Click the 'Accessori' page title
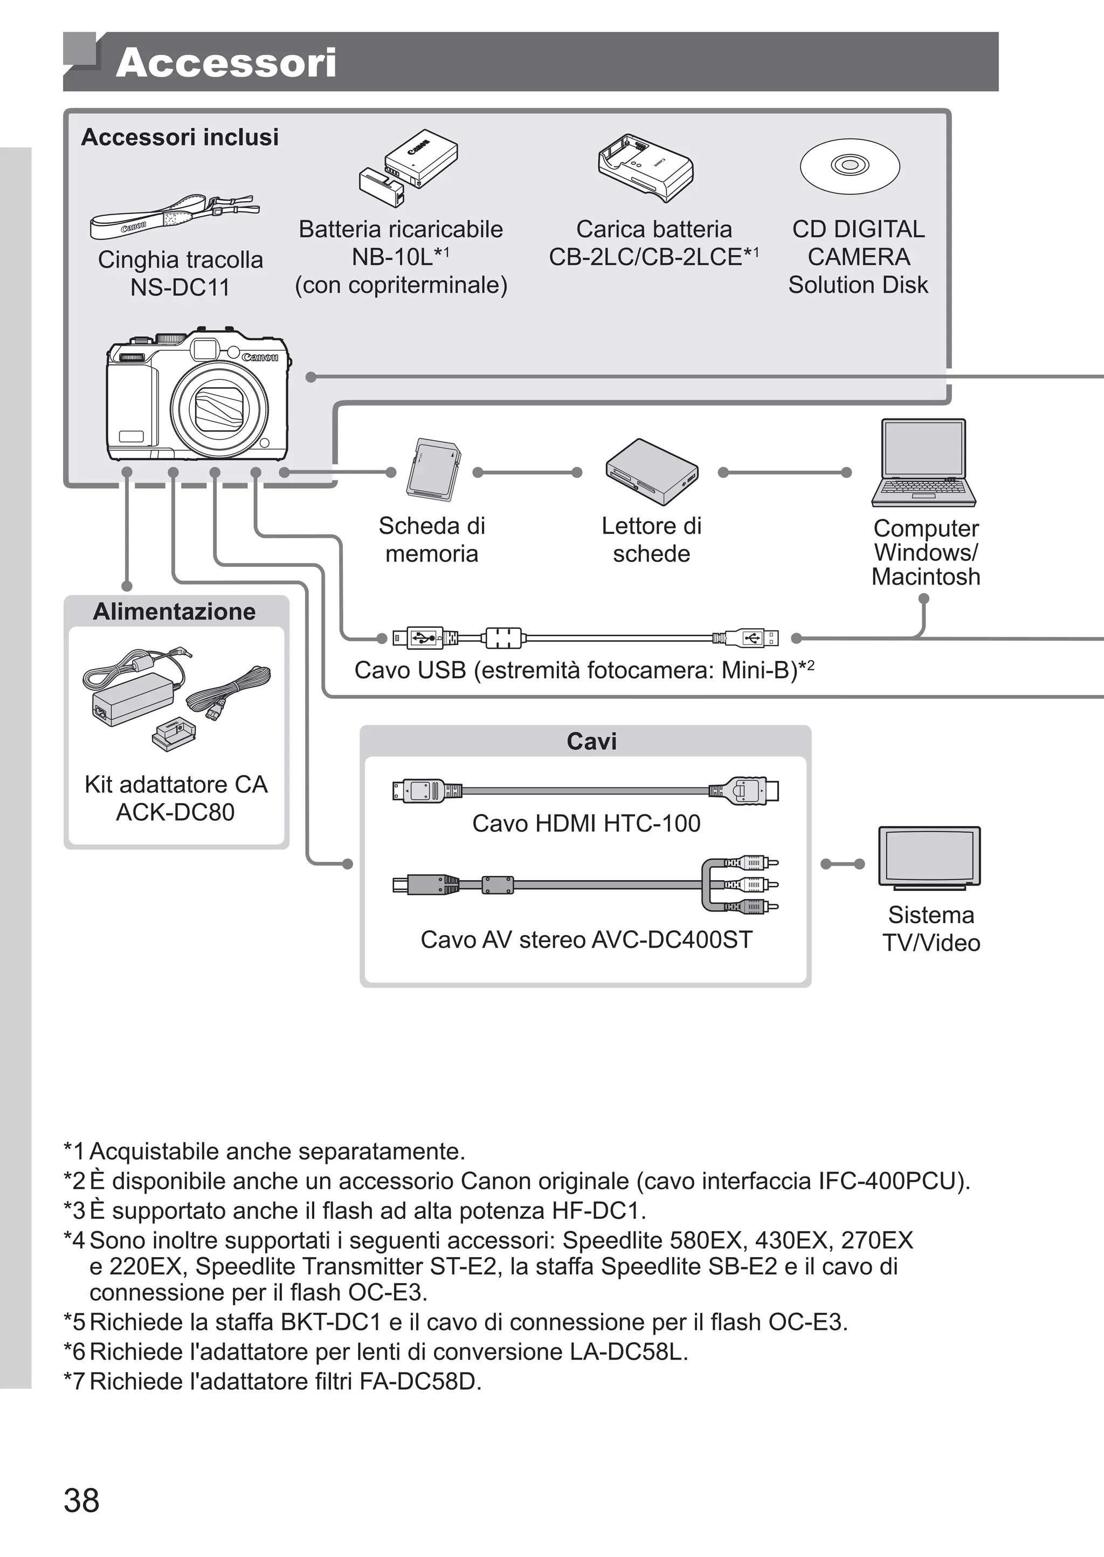click(x=226, y=63)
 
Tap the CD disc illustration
click(x=849, y=166)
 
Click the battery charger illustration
click(x=645, y=167)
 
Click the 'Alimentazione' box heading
click(x=175, y=611)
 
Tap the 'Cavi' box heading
click(x=591, y=741)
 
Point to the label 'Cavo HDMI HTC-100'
click(x=586, y=824)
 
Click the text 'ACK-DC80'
click(x=175, y=812)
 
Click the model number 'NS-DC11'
click(x=180, y=287)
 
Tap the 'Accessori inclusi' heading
click(x=180, y=138)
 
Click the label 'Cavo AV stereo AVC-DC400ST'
click(x=586, y=939)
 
